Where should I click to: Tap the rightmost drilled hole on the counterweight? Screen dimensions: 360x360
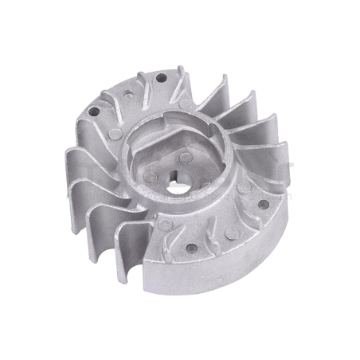pyautogui.click(x=263, y=204)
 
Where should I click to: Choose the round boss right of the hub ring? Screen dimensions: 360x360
pyautogui.click(x=242, y=189)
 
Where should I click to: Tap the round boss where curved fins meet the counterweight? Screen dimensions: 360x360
pyautogui.click(x=165, y=225)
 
